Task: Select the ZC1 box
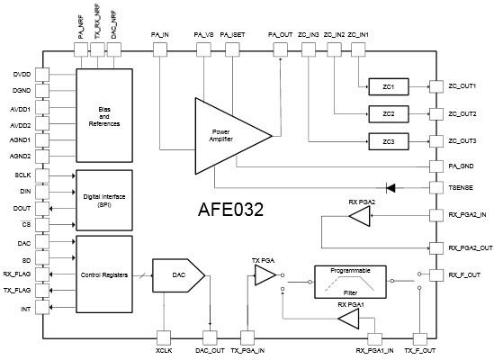click(x=389, y=86)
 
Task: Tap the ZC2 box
click(x=389, y=114)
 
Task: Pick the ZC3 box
click(x=389, y=142)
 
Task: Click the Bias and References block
click(x=104, y=115)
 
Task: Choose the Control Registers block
click(x=104, y=274)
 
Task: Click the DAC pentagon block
click(x=178, y=274)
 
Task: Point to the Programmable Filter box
click(x=350, y=281)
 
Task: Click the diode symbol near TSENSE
click(x=391, y=187)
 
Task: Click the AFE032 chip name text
click(x=230, y=211)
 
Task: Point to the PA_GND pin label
click(x=461, y=166)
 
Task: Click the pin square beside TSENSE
click(x=435, y=187)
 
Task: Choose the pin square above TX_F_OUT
click(x=419, y=337)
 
